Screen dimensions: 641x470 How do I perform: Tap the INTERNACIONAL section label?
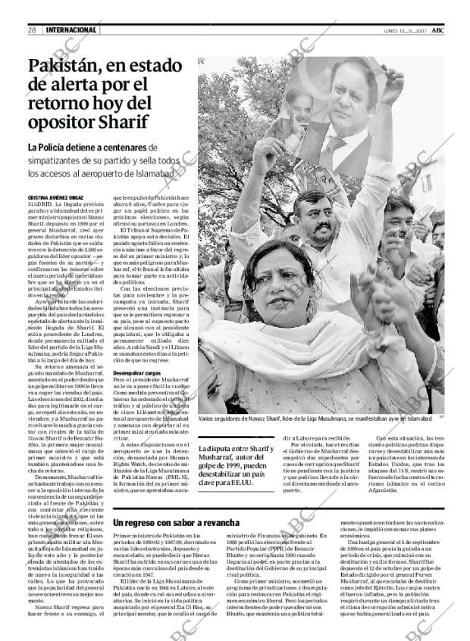tap(71, 30)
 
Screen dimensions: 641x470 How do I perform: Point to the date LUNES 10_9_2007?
tap(399, 30)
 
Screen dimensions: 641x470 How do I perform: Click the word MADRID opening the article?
tap(39, 204)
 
